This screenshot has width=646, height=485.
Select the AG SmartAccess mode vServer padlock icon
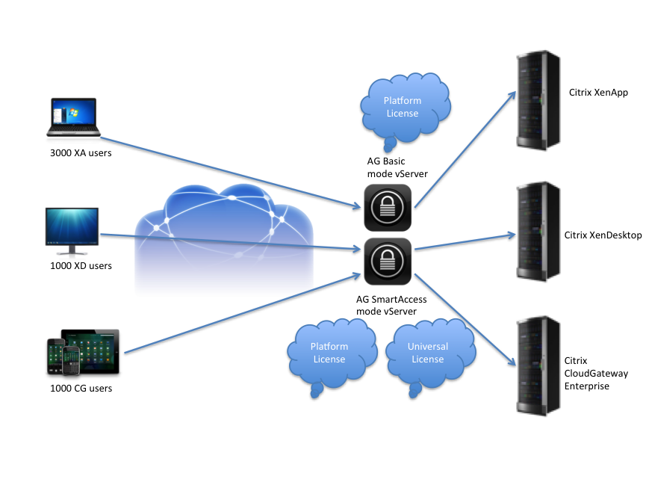(x=388, y=261)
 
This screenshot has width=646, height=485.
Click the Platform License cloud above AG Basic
(x=403, y=107)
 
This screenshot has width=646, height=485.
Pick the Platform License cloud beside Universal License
(x=329, y=352)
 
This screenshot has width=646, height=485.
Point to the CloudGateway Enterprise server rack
(x=540, y=365)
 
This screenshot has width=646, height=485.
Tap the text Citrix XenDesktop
(x=603, y=235)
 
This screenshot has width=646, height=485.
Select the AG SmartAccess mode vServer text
(x=390, y=304)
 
